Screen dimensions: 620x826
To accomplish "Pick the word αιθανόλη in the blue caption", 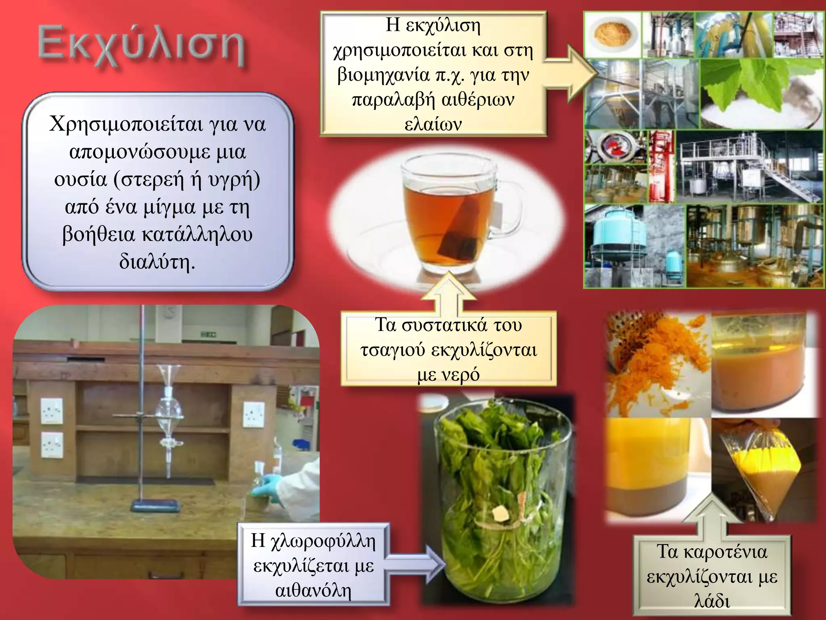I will [x=313, y=591].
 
